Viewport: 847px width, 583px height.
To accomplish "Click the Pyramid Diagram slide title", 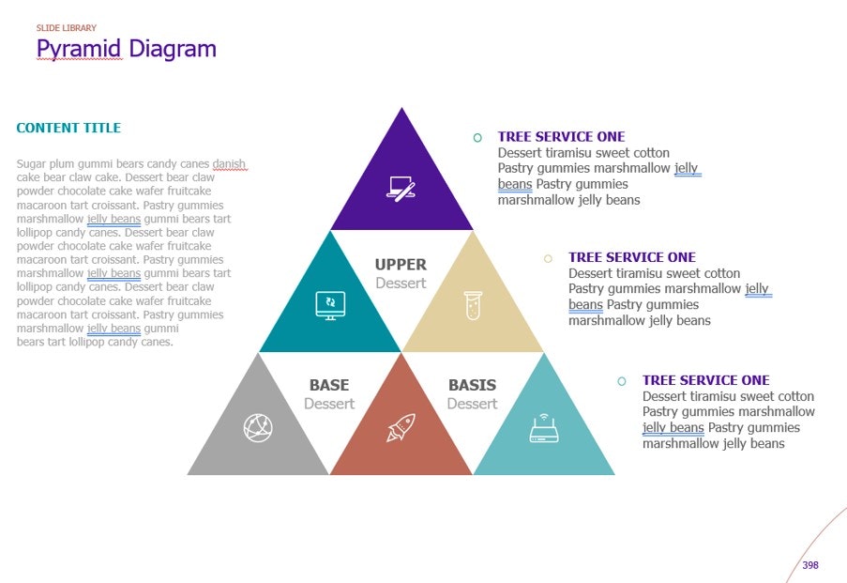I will (126, 49).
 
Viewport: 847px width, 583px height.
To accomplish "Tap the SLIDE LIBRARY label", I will (66, 28).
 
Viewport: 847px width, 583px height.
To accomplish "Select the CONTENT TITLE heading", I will (68, 128).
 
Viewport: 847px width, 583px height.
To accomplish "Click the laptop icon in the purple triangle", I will (401, 188).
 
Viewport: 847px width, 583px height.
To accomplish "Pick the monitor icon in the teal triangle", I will (330, 305).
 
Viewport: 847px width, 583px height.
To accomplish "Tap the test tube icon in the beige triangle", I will (473, 305).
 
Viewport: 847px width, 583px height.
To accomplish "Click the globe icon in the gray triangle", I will (258, 428).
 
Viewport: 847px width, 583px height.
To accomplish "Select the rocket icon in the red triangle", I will (401, 428).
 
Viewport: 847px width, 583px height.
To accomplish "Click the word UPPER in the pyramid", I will (401, 265).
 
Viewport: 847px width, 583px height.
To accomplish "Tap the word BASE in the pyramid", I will (329, 385).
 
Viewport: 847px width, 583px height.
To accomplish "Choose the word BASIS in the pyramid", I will (472, 385).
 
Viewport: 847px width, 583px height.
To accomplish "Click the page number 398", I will (810, 565).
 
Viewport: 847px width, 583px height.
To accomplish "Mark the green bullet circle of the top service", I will (477, 138).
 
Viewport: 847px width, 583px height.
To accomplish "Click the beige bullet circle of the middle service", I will (548, 258).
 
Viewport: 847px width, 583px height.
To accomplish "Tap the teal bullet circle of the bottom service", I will (621, 381).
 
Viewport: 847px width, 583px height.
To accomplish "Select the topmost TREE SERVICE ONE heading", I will (561, 137).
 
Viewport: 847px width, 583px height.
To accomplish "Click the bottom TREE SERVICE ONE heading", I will (705, 380).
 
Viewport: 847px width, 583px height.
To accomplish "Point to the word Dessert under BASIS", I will (472, 404).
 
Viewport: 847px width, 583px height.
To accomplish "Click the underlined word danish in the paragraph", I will (229, 164).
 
